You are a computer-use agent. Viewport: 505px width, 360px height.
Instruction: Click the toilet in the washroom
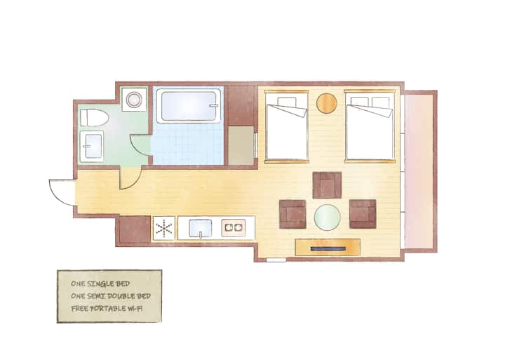coord(94,118)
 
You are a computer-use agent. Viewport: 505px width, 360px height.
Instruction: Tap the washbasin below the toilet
coord(92,146)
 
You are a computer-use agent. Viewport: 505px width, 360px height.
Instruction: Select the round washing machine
coord(134,99)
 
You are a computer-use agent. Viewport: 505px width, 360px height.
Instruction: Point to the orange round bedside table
coord(326,103)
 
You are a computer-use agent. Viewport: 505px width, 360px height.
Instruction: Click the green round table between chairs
coord(328,218)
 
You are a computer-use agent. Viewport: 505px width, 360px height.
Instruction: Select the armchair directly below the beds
coord(327,185)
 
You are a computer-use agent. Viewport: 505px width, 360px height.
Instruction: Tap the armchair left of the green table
coord(292,214)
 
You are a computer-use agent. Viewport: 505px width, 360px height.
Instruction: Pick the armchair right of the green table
coord(363,214)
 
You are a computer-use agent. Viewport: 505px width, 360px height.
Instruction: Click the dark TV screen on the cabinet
coord(328,249)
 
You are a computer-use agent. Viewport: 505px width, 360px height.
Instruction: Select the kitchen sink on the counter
coord(201,229)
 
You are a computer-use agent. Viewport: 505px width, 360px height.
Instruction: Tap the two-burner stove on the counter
coord(234,228)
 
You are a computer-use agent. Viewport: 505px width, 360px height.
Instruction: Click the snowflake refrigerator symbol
coord(164,228)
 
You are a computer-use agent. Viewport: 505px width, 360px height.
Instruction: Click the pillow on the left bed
coord(286,102)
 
